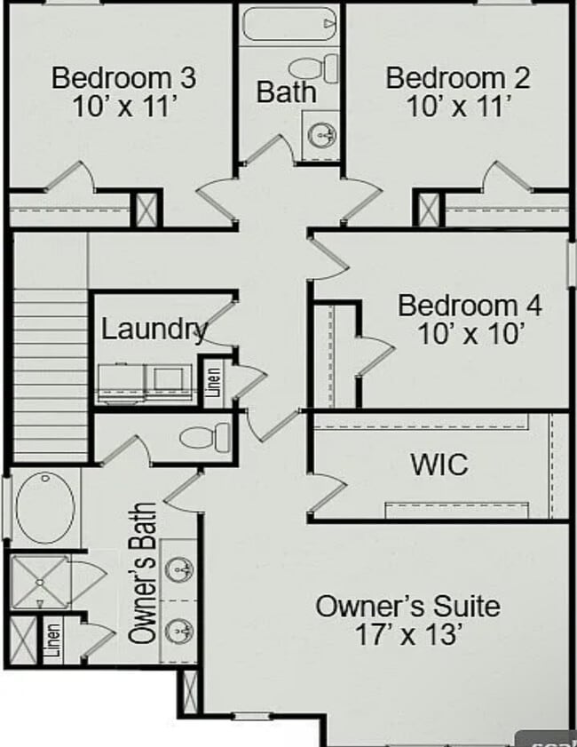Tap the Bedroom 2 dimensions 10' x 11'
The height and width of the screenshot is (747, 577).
coord(458,107)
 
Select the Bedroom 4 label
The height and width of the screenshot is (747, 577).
coord(470,306)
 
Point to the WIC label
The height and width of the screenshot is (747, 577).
coord(439,464)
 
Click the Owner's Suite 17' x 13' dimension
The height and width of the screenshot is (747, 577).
coord(407,636)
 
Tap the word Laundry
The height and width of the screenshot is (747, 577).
coord(154,330)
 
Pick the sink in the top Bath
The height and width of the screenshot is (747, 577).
coord(320,135)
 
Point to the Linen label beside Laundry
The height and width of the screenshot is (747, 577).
coord(214,383)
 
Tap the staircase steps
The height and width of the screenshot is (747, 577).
coord(50,373)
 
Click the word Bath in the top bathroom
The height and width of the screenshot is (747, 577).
coord(286,91)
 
